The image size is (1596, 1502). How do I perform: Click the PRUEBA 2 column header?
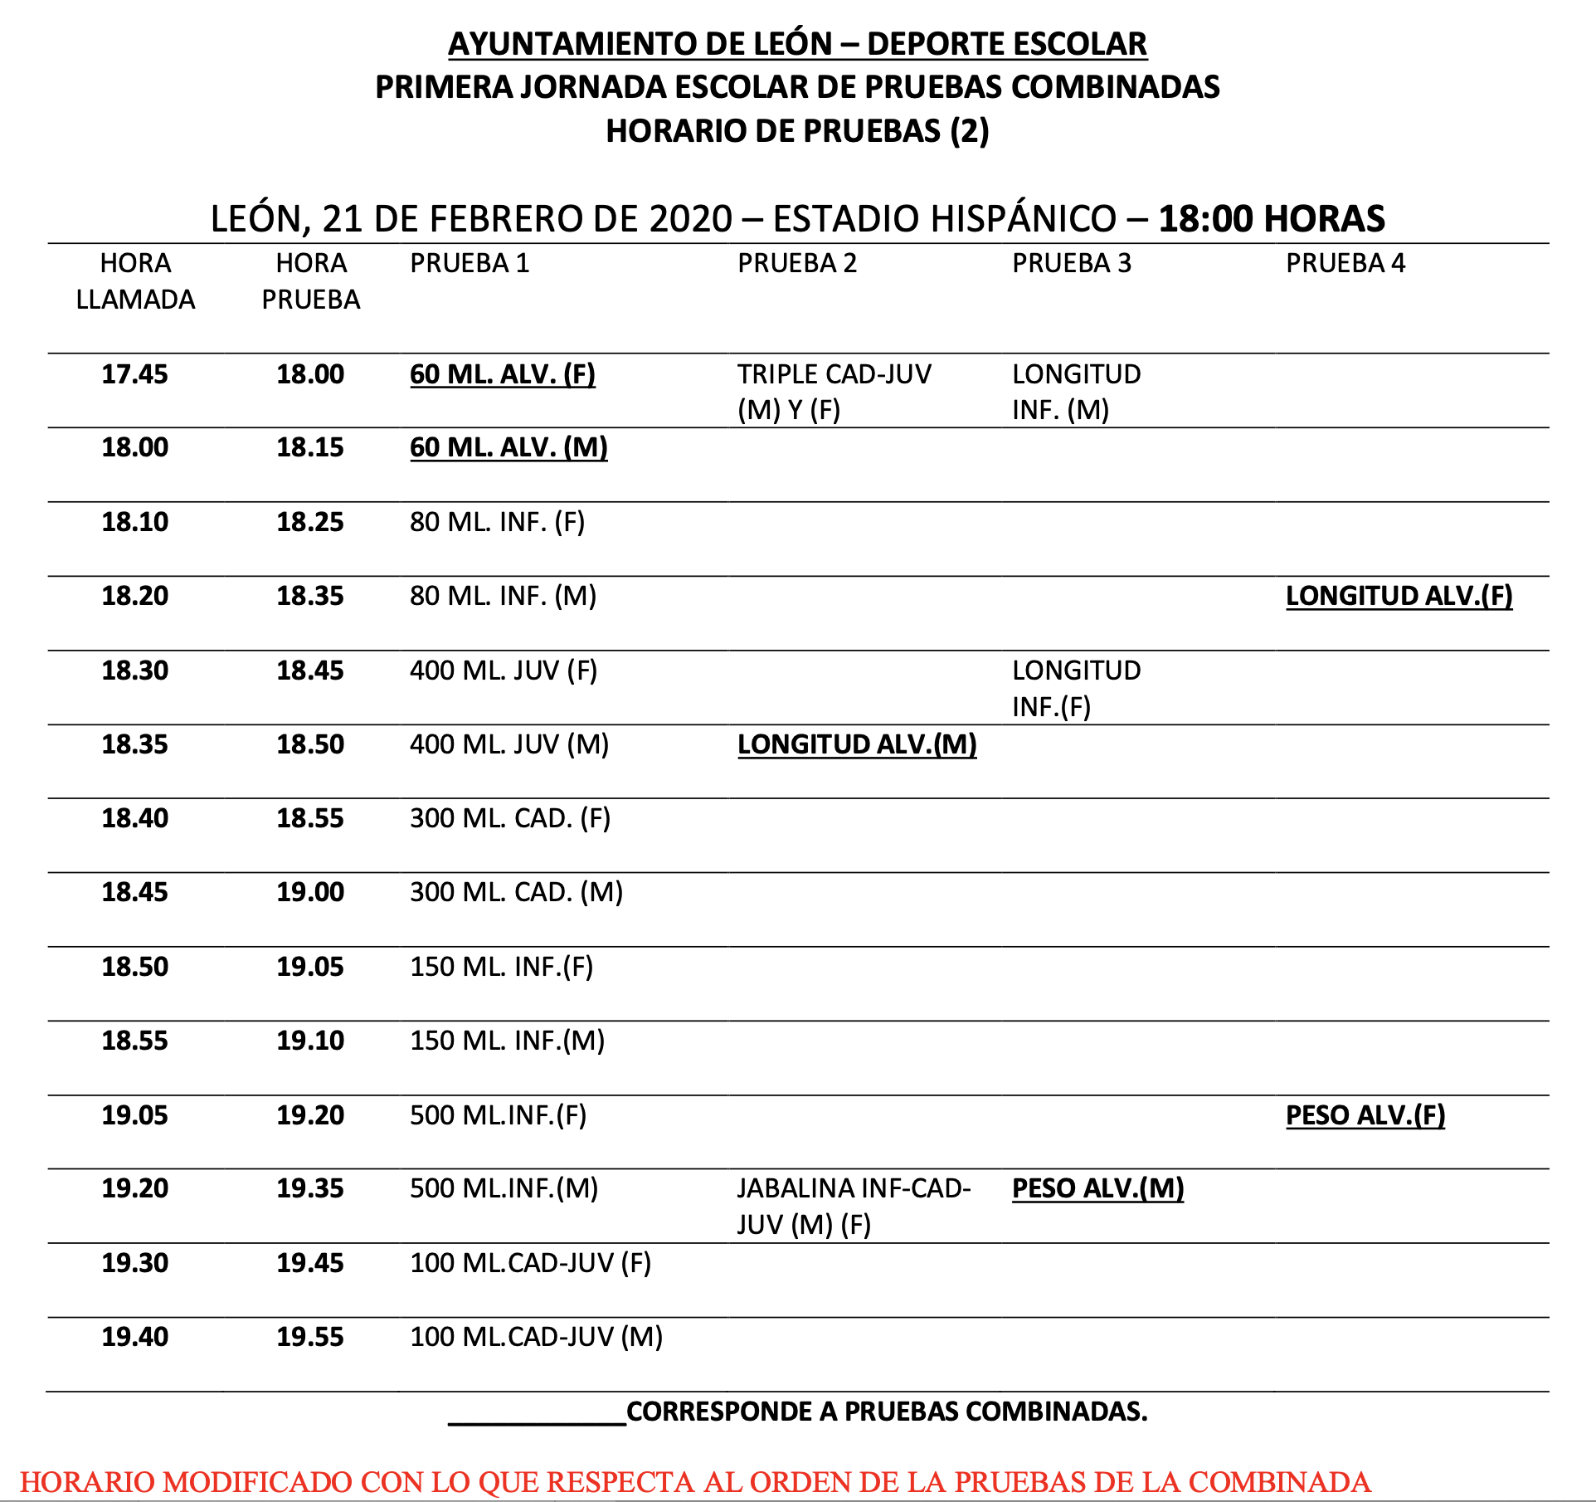coord(796,263)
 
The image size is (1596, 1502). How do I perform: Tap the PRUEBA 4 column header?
coord(1345,263)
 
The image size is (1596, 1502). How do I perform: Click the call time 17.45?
coord(134,374)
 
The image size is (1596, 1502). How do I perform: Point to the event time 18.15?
coord(309,448)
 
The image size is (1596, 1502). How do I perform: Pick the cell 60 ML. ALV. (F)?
coord(502,374)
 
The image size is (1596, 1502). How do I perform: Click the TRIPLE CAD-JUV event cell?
coord(834,392)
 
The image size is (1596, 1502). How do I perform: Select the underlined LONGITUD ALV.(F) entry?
coord(1399,596)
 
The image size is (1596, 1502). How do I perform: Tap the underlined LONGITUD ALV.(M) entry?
coord(857,744)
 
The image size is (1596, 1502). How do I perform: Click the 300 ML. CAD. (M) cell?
coord(516,892)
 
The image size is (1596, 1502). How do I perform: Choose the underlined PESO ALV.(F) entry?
coord(1365,1115)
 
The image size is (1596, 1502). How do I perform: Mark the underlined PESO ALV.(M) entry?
coord(1097,1189)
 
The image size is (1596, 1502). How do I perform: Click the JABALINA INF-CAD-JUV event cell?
coord(853,1207)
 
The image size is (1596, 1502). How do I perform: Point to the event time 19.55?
coord(309,1337)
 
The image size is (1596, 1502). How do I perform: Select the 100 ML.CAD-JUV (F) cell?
coord(530,1263)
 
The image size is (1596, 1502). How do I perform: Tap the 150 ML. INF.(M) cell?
coord(507,1041)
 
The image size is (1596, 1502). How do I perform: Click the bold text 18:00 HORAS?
coord(1271,218)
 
